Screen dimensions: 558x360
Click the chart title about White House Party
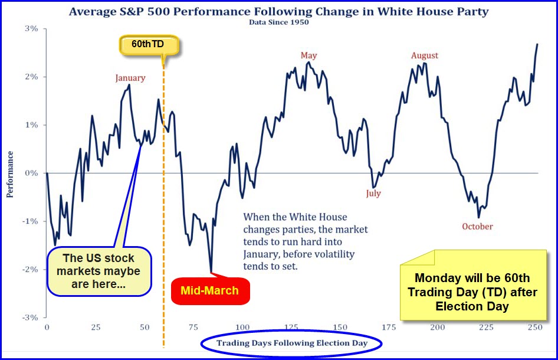coord(278,11)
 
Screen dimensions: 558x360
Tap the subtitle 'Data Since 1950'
coord(278,22)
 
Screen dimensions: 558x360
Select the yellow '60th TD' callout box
coord(148,44)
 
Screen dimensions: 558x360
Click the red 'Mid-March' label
coord(210,290)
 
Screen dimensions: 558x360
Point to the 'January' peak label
coord(130,78)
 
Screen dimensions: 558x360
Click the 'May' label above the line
coord(308,55)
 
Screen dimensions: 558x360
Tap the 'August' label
coord(425,55)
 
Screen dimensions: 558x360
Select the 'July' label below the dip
coord(373,194)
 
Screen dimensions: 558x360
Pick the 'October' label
coord(477,227)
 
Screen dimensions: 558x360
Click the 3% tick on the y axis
coord(31,28)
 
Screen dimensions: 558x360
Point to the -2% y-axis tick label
coord(30,270)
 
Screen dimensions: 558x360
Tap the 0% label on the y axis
coord(31,173)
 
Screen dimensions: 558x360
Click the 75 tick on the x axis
coord(193,327)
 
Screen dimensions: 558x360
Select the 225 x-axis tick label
coord(486,327)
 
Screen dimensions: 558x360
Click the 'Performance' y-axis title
coord(10,174)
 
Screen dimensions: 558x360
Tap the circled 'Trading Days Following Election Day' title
coord(292,343)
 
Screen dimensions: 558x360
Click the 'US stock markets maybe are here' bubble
coord(99,271)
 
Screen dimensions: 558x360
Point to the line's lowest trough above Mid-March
coord(211,272)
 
